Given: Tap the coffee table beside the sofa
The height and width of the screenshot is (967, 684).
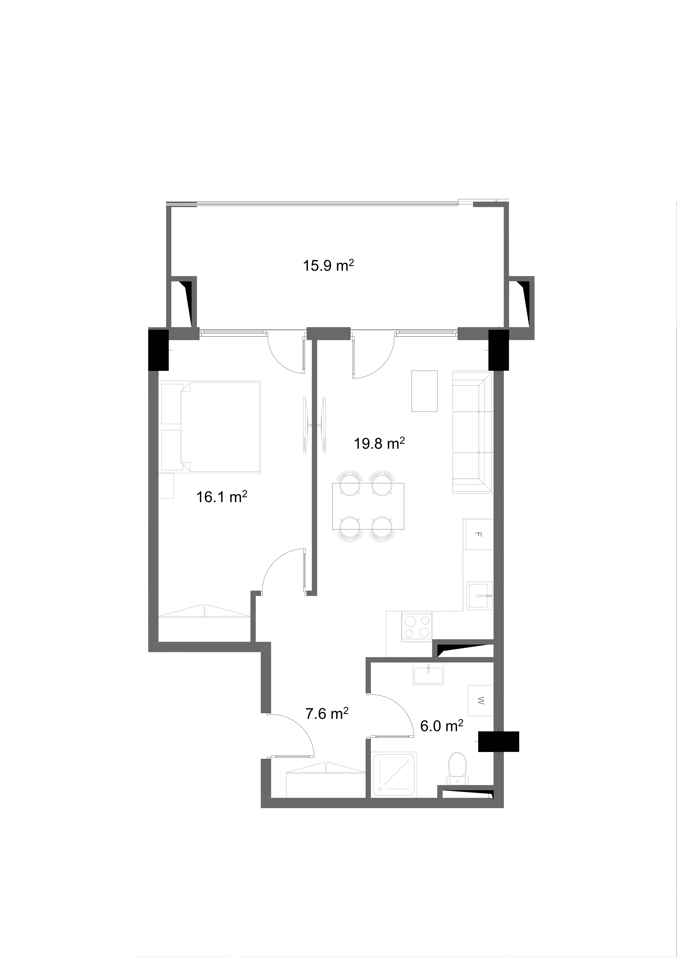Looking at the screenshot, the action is pyautogui.click(x=424, y=391).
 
